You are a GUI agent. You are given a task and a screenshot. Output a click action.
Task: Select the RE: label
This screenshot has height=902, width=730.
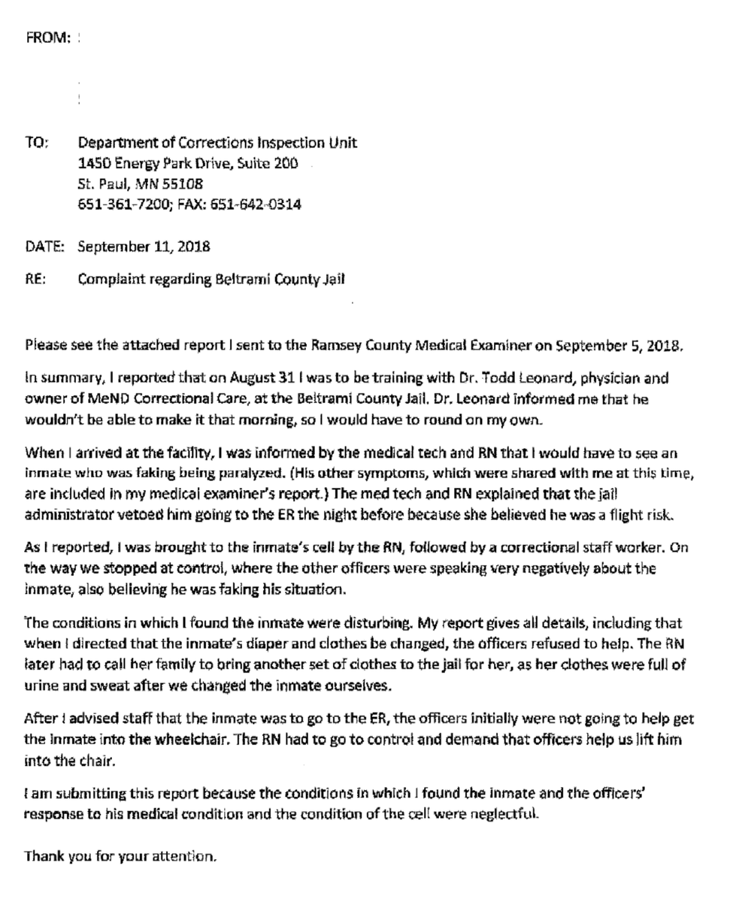pyautogui.click(x=35, y=280)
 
